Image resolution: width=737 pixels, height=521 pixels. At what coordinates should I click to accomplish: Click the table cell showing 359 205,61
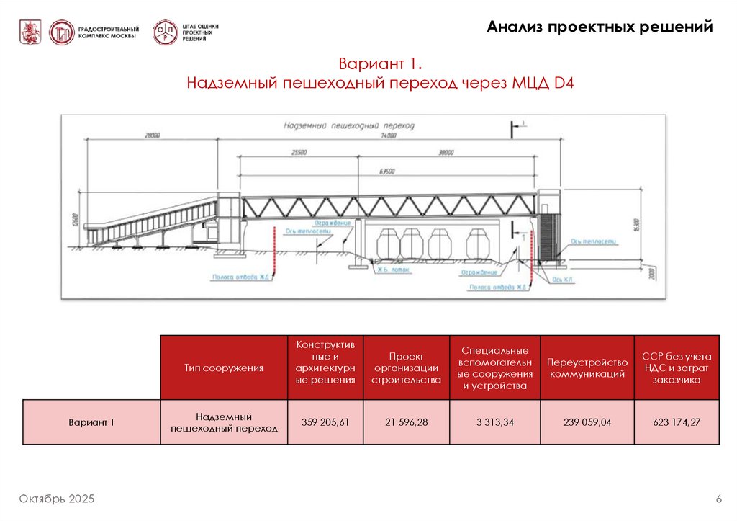coord(325,422)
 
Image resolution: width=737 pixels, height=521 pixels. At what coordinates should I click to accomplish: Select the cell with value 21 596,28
coord(406,422)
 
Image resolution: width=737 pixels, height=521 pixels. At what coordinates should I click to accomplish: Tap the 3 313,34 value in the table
coord(494,422)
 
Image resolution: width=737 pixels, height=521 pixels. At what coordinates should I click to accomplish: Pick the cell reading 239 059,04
coord(587,422)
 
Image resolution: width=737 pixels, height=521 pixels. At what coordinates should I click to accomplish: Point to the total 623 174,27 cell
coord(676,422)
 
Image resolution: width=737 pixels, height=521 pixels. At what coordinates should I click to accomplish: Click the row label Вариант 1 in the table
coord(91,422)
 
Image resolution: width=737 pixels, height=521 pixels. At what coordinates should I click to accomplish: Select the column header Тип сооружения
coord(223,368)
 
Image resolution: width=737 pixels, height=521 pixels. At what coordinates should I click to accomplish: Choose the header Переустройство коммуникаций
coord(587,368)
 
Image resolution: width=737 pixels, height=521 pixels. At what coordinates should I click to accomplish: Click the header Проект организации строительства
coord(406,368)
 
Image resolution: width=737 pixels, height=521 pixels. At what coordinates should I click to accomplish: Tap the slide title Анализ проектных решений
coord(600,27)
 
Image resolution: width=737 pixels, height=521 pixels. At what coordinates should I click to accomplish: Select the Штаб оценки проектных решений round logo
coord(165,32)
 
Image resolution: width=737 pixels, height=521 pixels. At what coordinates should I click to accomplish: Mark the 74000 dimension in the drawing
coord(389,135)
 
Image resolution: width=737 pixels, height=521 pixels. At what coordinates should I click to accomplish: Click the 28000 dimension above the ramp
coord(151,135)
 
